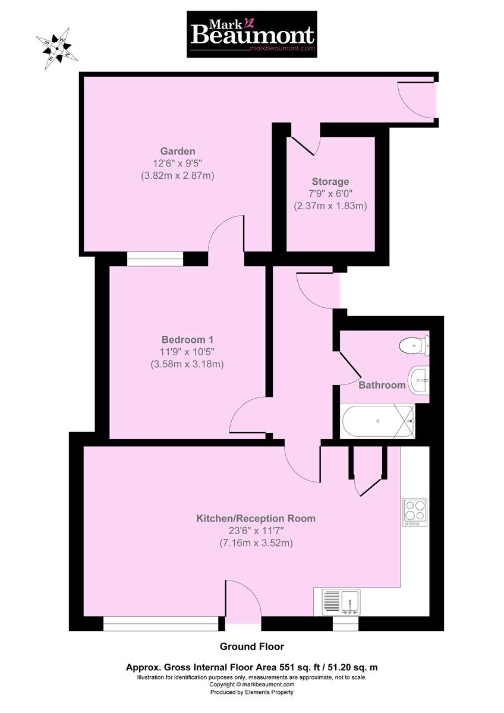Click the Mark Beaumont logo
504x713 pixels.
251,34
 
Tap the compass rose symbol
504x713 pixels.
56,48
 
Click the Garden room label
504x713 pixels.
178,151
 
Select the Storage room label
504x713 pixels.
330,181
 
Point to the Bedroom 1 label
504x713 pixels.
187,340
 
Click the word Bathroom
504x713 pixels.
382,385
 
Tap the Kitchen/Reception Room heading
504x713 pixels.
256,519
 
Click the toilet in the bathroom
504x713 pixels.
414,345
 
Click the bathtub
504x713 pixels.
377,421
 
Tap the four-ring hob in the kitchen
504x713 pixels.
415,512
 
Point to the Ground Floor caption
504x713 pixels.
252,646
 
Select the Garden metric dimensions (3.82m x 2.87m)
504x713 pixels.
178,175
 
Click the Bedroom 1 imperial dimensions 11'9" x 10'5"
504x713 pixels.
187,352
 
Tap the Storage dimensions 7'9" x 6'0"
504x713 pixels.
330,194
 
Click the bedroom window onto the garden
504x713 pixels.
155,259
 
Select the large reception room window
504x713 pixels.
161,623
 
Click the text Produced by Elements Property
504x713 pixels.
252,692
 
